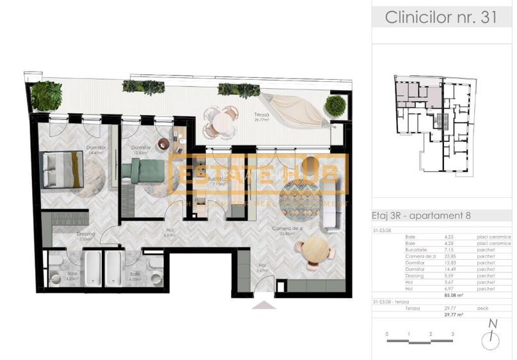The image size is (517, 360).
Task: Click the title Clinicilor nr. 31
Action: coord(440,17)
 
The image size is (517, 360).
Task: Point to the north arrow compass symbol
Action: coord(491,338)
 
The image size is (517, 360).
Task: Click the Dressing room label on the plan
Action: coord(86,235)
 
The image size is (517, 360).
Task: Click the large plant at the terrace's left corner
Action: coord(47,95)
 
